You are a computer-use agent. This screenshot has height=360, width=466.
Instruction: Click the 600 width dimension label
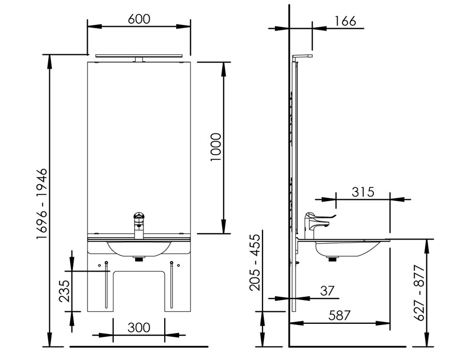(139, 19)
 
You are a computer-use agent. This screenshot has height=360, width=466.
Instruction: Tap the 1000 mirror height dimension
(216, 147)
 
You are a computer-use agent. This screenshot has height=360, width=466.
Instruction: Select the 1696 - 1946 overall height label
(41, 204)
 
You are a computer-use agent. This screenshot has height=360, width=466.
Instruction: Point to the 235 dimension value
(64, 291)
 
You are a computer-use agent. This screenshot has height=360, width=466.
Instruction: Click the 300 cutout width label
(139, 327)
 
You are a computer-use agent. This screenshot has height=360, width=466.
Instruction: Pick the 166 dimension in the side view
(345, 21)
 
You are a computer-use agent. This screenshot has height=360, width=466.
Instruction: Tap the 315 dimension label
(363, 192)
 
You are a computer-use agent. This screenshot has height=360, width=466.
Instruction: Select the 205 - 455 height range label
(255, 262)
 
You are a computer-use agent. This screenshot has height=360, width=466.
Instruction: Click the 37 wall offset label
(327, 291)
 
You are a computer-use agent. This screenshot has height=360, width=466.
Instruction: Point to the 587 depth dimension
(339, 315)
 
